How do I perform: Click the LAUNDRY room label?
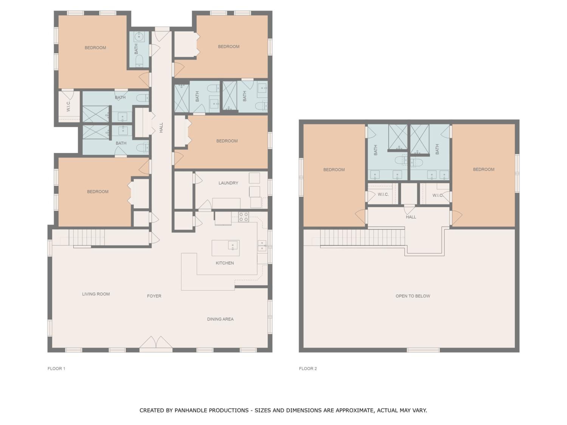coord(228,183)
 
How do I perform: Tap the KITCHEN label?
coord(225,263)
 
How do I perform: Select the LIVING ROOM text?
coord(96,294)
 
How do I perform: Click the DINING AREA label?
coord(220,319)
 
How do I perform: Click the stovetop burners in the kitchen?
coord(243,217)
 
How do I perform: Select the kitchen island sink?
coord(232,245)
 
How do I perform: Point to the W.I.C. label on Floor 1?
coord(68,106)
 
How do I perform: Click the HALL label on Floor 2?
coord(411,217)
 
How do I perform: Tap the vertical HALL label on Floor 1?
coord(161,127)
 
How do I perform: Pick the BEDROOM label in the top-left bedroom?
coord(95,48)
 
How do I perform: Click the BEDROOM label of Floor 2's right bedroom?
coord(484,169)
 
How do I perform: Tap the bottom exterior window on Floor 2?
coord(424,350)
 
